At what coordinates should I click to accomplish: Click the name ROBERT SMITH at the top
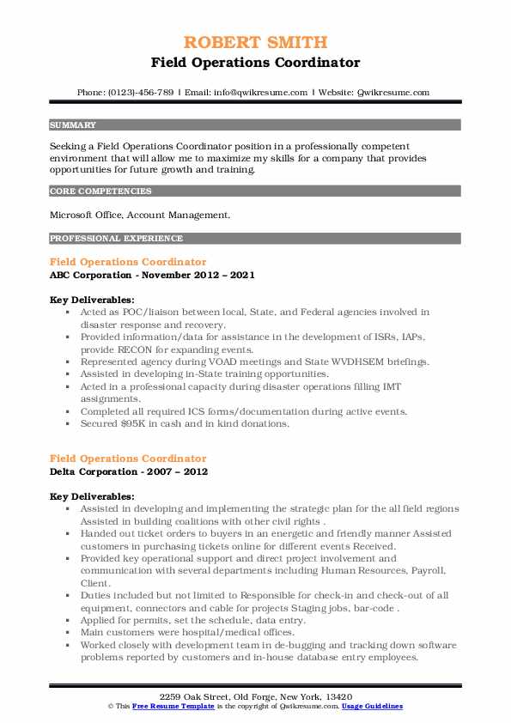255,43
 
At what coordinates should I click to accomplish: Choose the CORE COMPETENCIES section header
100,191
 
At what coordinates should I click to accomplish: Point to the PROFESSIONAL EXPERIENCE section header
115,238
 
